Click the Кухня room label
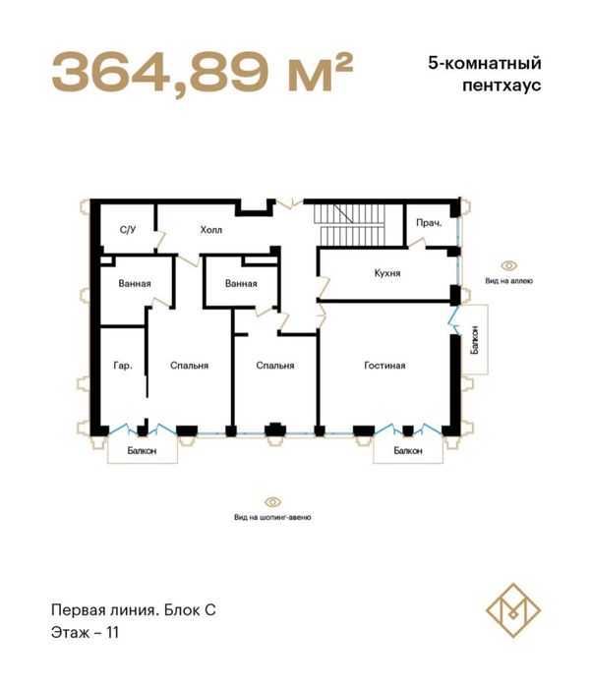[387, 273]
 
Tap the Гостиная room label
[384, 366]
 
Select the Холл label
[210, 230]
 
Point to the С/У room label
[128, 230]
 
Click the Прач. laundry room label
[429, 223]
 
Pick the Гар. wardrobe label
[123, 366]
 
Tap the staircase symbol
[349, 225]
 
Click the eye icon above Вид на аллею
[509, 266]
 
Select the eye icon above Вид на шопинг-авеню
[272, 502]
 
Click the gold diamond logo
[513, 610]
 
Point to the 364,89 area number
[160, 71]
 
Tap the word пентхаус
[502, 86]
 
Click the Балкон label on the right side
[475, 340]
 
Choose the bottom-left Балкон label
[143, 451]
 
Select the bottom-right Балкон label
[408, 451]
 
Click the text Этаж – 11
[85, 633]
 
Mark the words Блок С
[190, 610]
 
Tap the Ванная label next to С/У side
[135, 284]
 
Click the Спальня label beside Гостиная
[275, 366]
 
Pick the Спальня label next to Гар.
[189, 366]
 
